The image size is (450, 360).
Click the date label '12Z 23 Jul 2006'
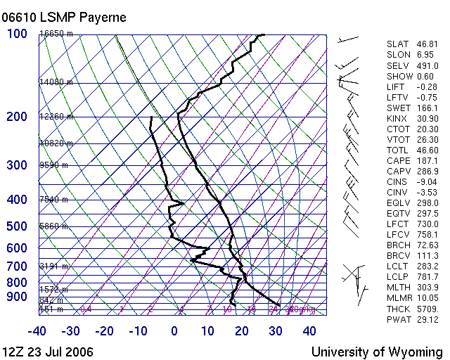[48, 351]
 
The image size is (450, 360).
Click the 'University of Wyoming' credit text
[377, 351]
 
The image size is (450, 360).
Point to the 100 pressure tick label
[18, 34]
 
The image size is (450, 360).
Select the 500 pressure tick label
[17, 226]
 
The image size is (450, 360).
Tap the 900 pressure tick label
[17, 297]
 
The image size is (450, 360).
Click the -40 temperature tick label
[37, 331]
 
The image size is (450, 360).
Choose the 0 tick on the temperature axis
[174, 331]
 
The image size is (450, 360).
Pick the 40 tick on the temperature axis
[309, 331]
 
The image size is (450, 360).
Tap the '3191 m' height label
[53, 266]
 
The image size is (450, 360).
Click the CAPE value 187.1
[426, 161]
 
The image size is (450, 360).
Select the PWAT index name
[399, 319]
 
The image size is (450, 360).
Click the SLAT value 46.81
[426, 44]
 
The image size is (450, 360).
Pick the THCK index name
[399, 309]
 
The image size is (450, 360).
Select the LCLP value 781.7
[426, 277]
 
